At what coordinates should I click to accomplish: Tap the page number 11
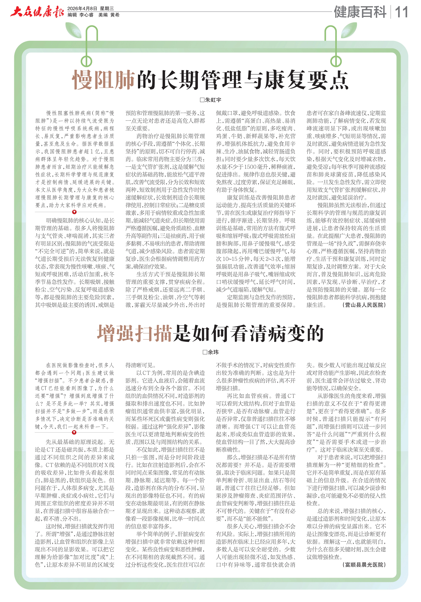click(x=401, y=12)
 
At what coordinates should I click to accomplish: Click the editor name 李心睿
click(x=87, y=15)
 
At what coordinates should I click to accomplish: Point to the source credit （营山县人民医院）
click(x=364, y=305)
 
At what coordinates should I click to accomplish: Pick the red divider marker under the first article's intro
click(x=74, y=212)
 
